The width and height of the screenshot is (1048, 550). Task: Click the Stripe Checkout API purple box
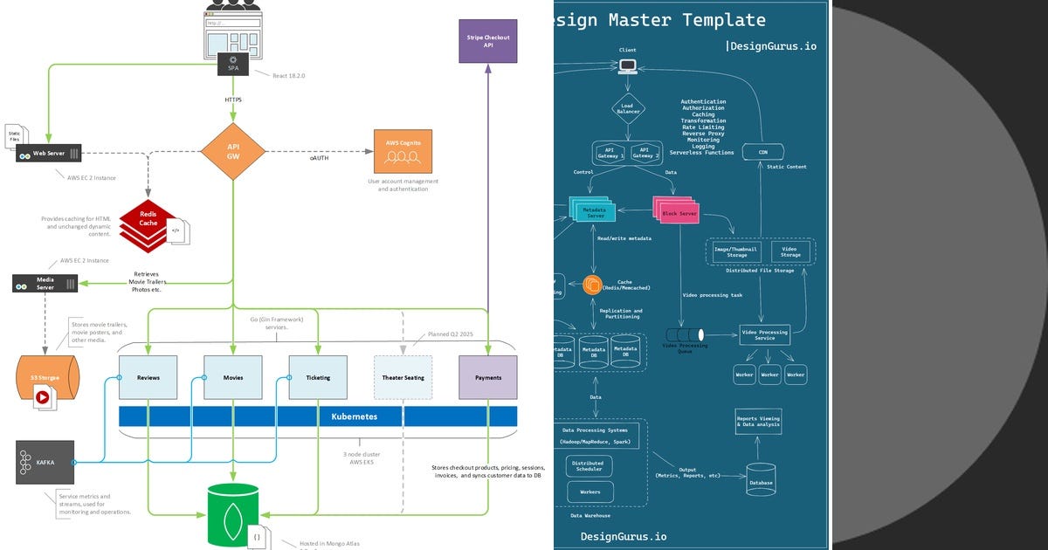(487, 41)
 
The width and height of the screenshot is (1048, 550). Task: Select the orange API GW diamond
(233, 151)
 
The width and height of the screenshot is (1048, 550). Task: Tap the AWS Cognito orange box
(403, 150)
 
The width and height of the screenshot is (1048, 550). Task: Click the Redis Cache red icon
(148, 224)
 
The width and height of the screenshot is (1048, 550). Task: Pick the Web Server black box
(49, 154)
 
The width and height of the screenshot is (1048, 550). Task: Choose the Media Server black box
(45, 283)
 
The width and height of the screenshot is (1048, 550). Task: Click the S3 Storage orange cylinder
(47, 378)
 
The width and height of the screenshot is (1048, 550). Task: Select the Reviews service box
(148, 377)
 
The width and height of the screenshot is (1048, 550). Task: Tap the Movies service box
(233, 377)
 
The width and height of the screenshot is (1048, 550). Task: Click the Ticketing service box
(318, 377)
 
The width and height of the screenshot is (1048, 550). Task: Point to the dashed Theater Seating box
(403, 377)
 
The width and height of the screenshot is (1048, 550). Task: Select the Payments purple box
(487, 377)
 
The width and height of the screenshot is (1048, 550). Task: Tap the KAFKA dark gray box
(45, 463)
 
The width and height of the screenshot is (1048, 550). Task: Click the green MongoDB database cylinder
(233, 516)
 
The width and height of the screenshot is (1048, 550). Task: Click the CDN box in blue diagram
(762, 152)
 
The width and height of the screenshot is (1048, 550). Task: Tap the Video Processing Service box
(764, 334)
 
